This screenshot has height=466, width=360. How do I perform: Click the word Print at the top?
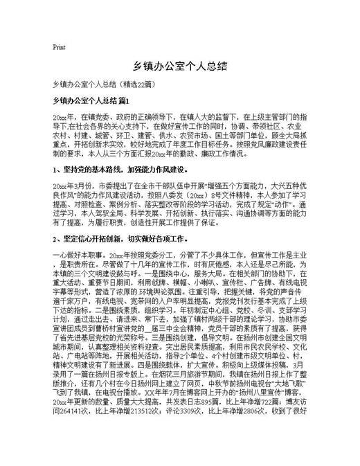(x=59, y=48)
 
